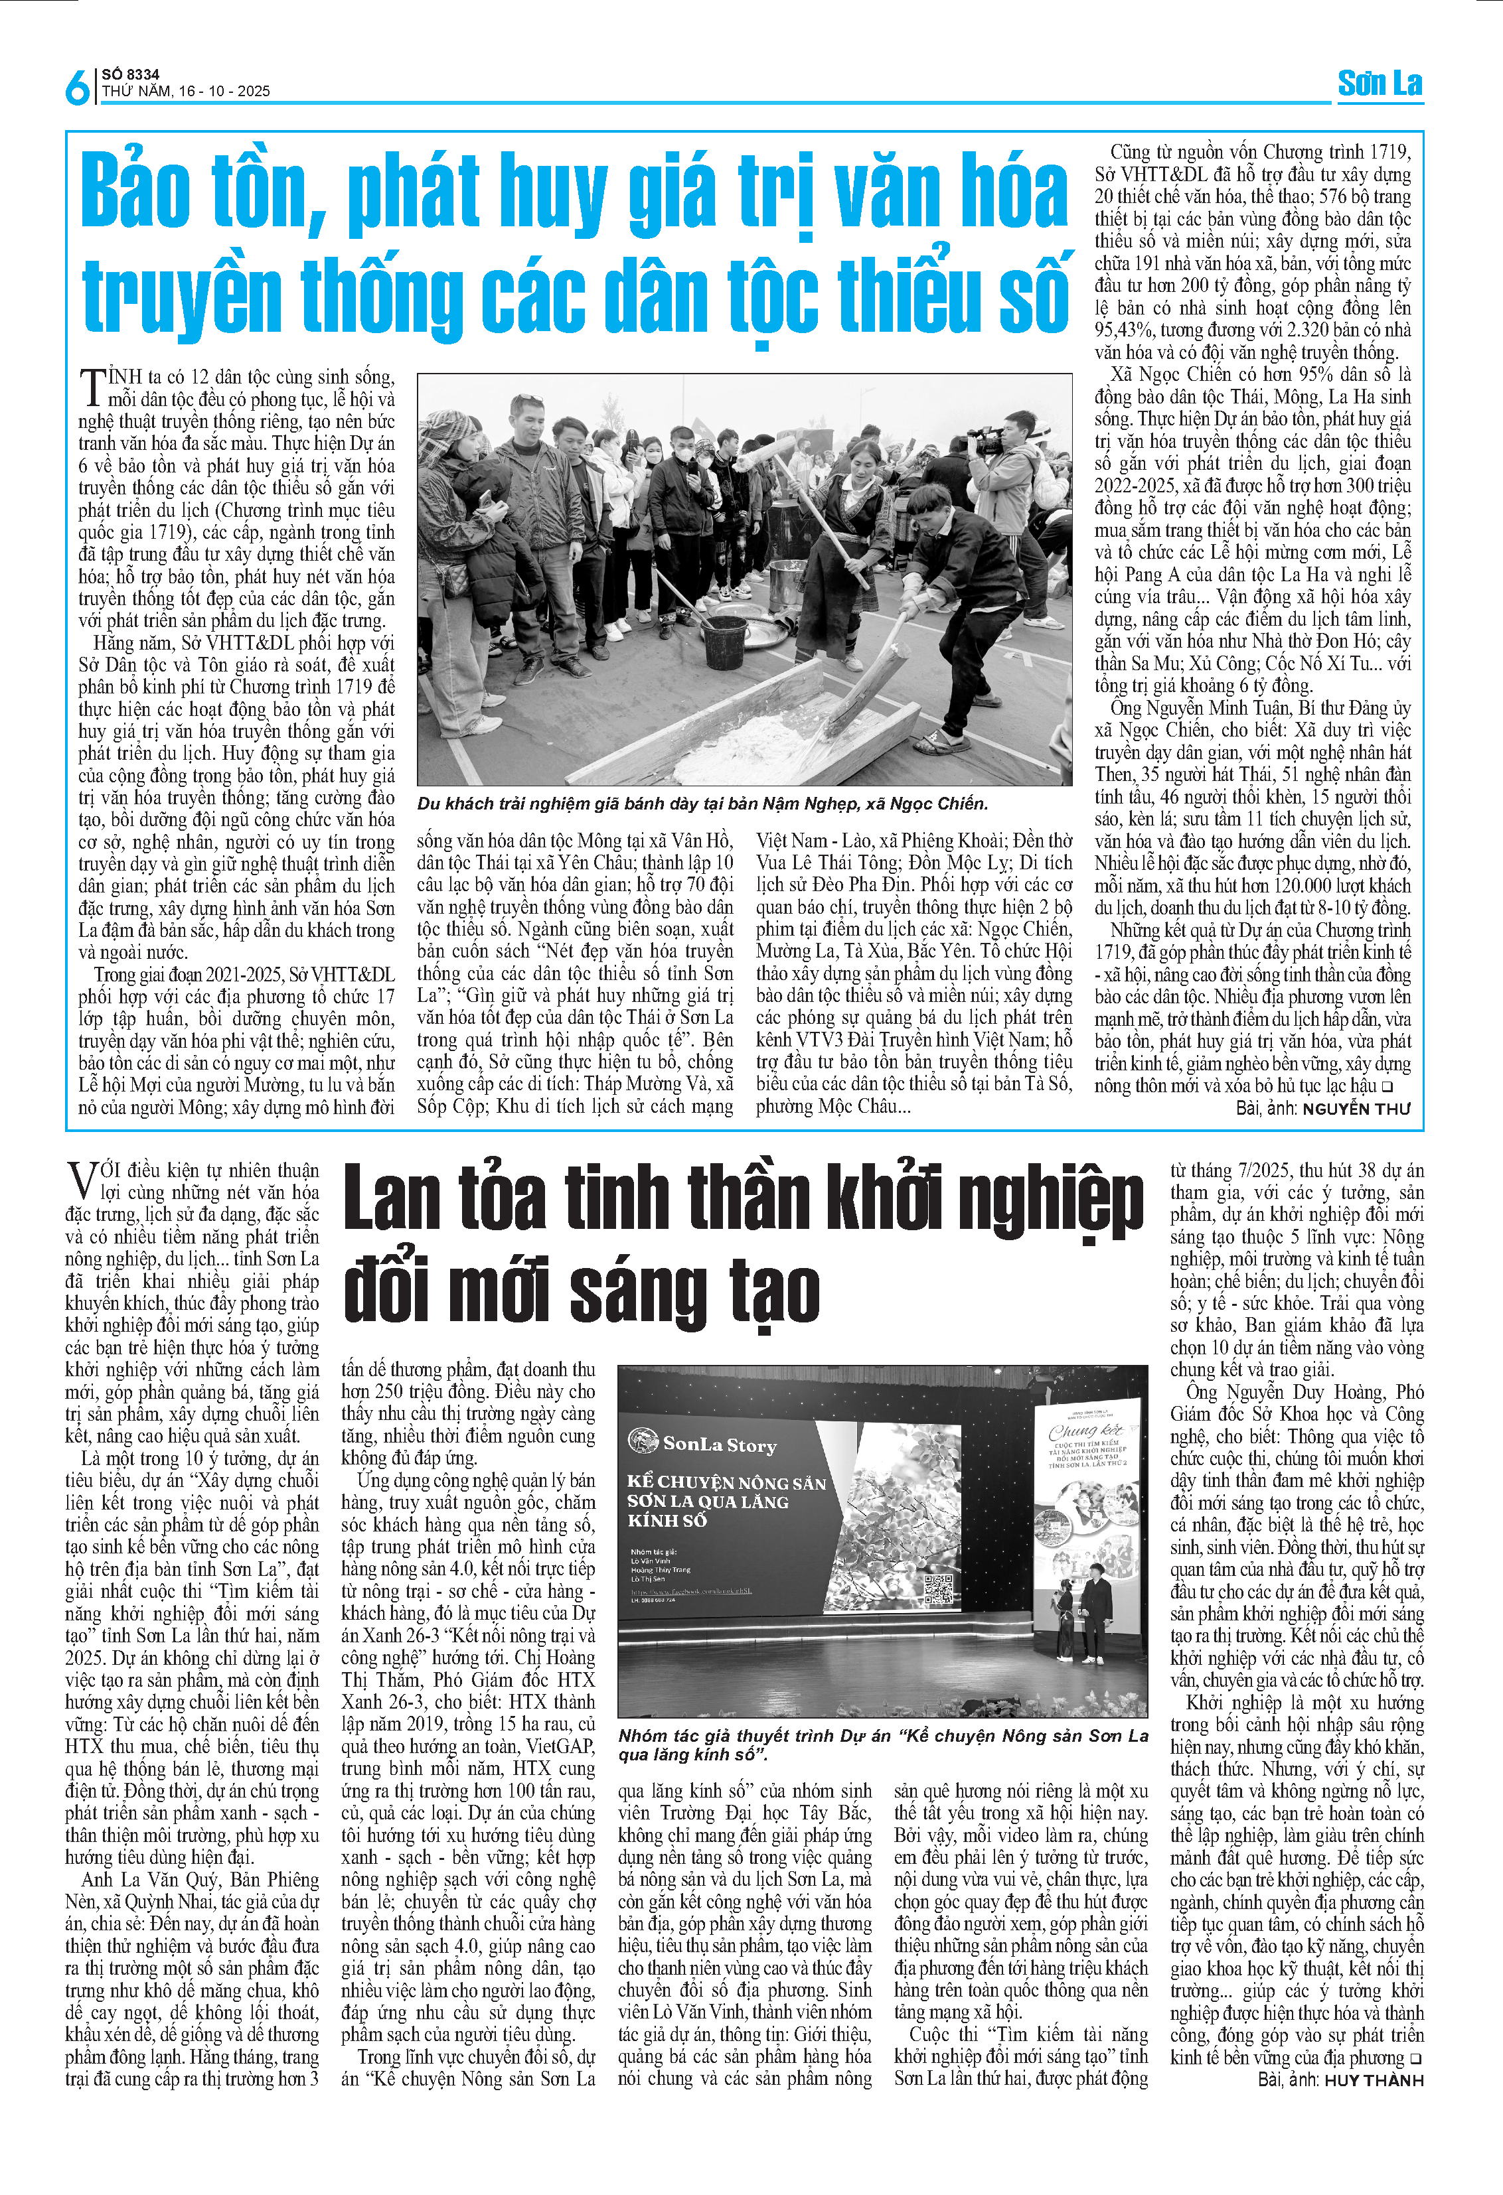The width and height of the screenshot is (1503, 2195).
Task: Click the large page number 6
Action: click(x=76, y=88)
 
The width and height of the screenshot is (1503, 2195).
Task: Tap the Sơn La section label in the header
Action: click(x=1380, y=84)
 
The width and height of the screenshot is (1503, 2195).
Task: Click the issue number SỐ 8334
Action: click(x=130, y=74)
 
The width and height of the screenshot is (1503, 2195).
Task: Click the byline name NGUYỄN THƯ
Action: click(x=1356, y=1109)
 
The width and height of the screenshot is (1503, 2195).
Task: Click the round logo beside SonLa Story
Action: click(x=643, y=1443)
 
